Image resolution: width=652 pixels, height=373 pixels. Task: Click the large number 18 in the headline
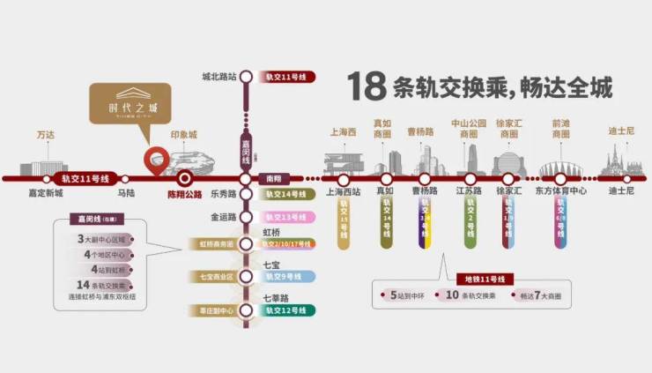coord(369,86)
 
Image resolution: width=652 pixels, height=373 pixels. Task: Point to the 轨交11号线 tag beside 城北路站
coord(289,77)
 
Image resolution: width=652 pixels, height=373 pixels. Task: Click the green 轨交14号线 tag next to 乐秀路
coord(290,194)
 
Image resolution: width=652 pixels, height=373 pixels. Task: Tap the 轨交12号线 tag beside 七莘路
coord(290,310)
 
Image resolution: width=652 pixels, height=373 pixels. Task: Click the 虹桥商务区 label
coord(211,244)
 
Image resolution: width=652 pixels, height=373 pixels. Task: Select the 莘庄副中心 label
coord(211,310)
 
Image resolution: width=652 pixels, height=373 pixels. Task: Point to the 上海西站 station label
coord(342,191)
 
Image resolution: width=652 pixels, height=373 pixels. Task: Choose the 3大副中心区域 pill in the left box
coord(103,239)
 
